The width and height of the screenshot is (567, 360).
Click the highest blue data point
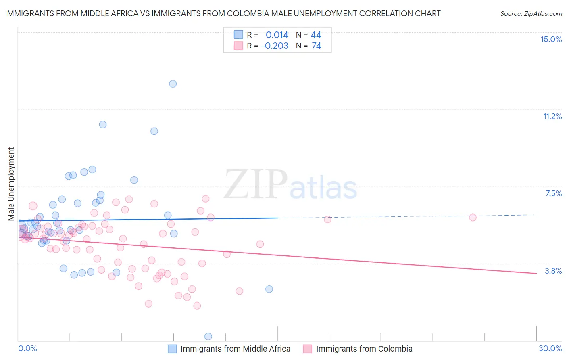pos(173,84)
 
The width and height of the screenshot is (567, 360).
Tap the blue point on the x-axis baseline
pos(208,336)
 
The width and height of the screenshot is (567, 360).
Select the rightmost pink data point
pos(473,218)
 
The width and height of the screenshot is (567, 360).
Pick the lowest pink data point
pos(197,306)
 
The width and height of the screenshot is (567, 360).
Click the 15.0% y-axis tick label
pos(551,39)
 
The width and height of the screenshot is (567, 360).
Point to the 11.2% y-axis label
pos(552,117)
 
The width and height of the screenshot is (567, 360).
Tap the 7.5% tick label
pos(553,194)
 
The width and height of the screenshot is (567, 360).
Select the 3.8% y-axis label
pos(553,271)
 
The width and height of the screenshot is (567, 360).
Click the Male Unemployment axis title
pos(11,184)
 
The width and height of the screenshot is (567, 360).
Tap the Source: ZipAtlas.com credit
pos(531,14)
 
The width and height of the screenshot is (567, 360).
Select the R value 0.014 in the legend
pos(277,35)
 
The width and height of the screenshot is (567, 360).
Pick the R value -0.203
pos(275,46)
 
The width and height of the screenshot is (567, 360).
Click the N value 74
pos(316,46)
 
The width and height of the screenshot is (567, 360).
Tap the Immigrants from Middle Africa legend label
pos(235,349)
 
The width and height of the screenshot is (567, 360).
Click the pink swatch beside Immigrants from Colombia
pos(308,349)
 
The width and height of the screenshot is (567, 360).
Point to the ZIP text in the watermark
pos(256,185)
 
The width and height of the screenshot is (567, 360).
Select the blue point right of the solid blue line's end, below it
pos(269,289)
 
